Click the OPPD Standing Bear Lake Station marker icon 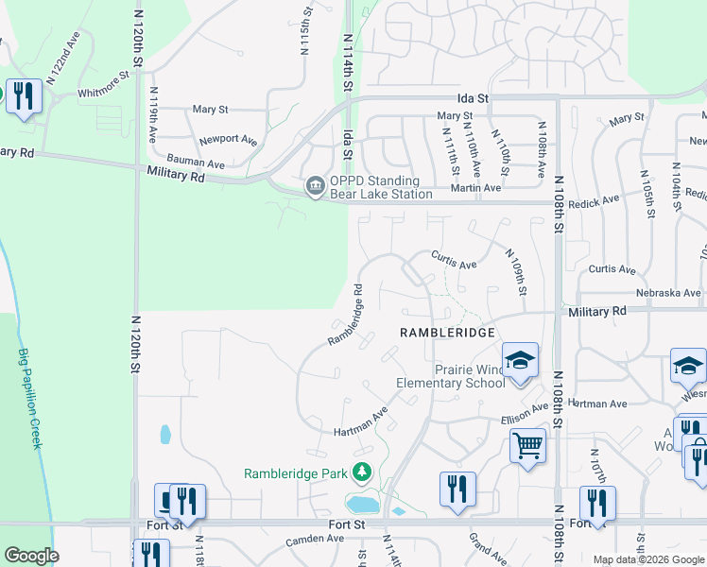point(314,186)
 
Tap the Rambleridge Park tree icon point(359,472)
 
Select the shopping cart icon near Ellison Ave point(527,445)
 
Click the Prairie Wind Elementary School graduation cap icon point(519,360)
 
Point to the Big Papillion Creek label point(28,398)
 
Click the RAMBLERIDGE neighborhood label point(447,333)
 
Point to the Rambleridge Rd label point(346,314)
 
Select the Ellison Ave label point(525,414)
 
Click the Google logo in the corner point(31,556)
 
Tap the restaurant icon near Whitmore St point(23,95)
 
